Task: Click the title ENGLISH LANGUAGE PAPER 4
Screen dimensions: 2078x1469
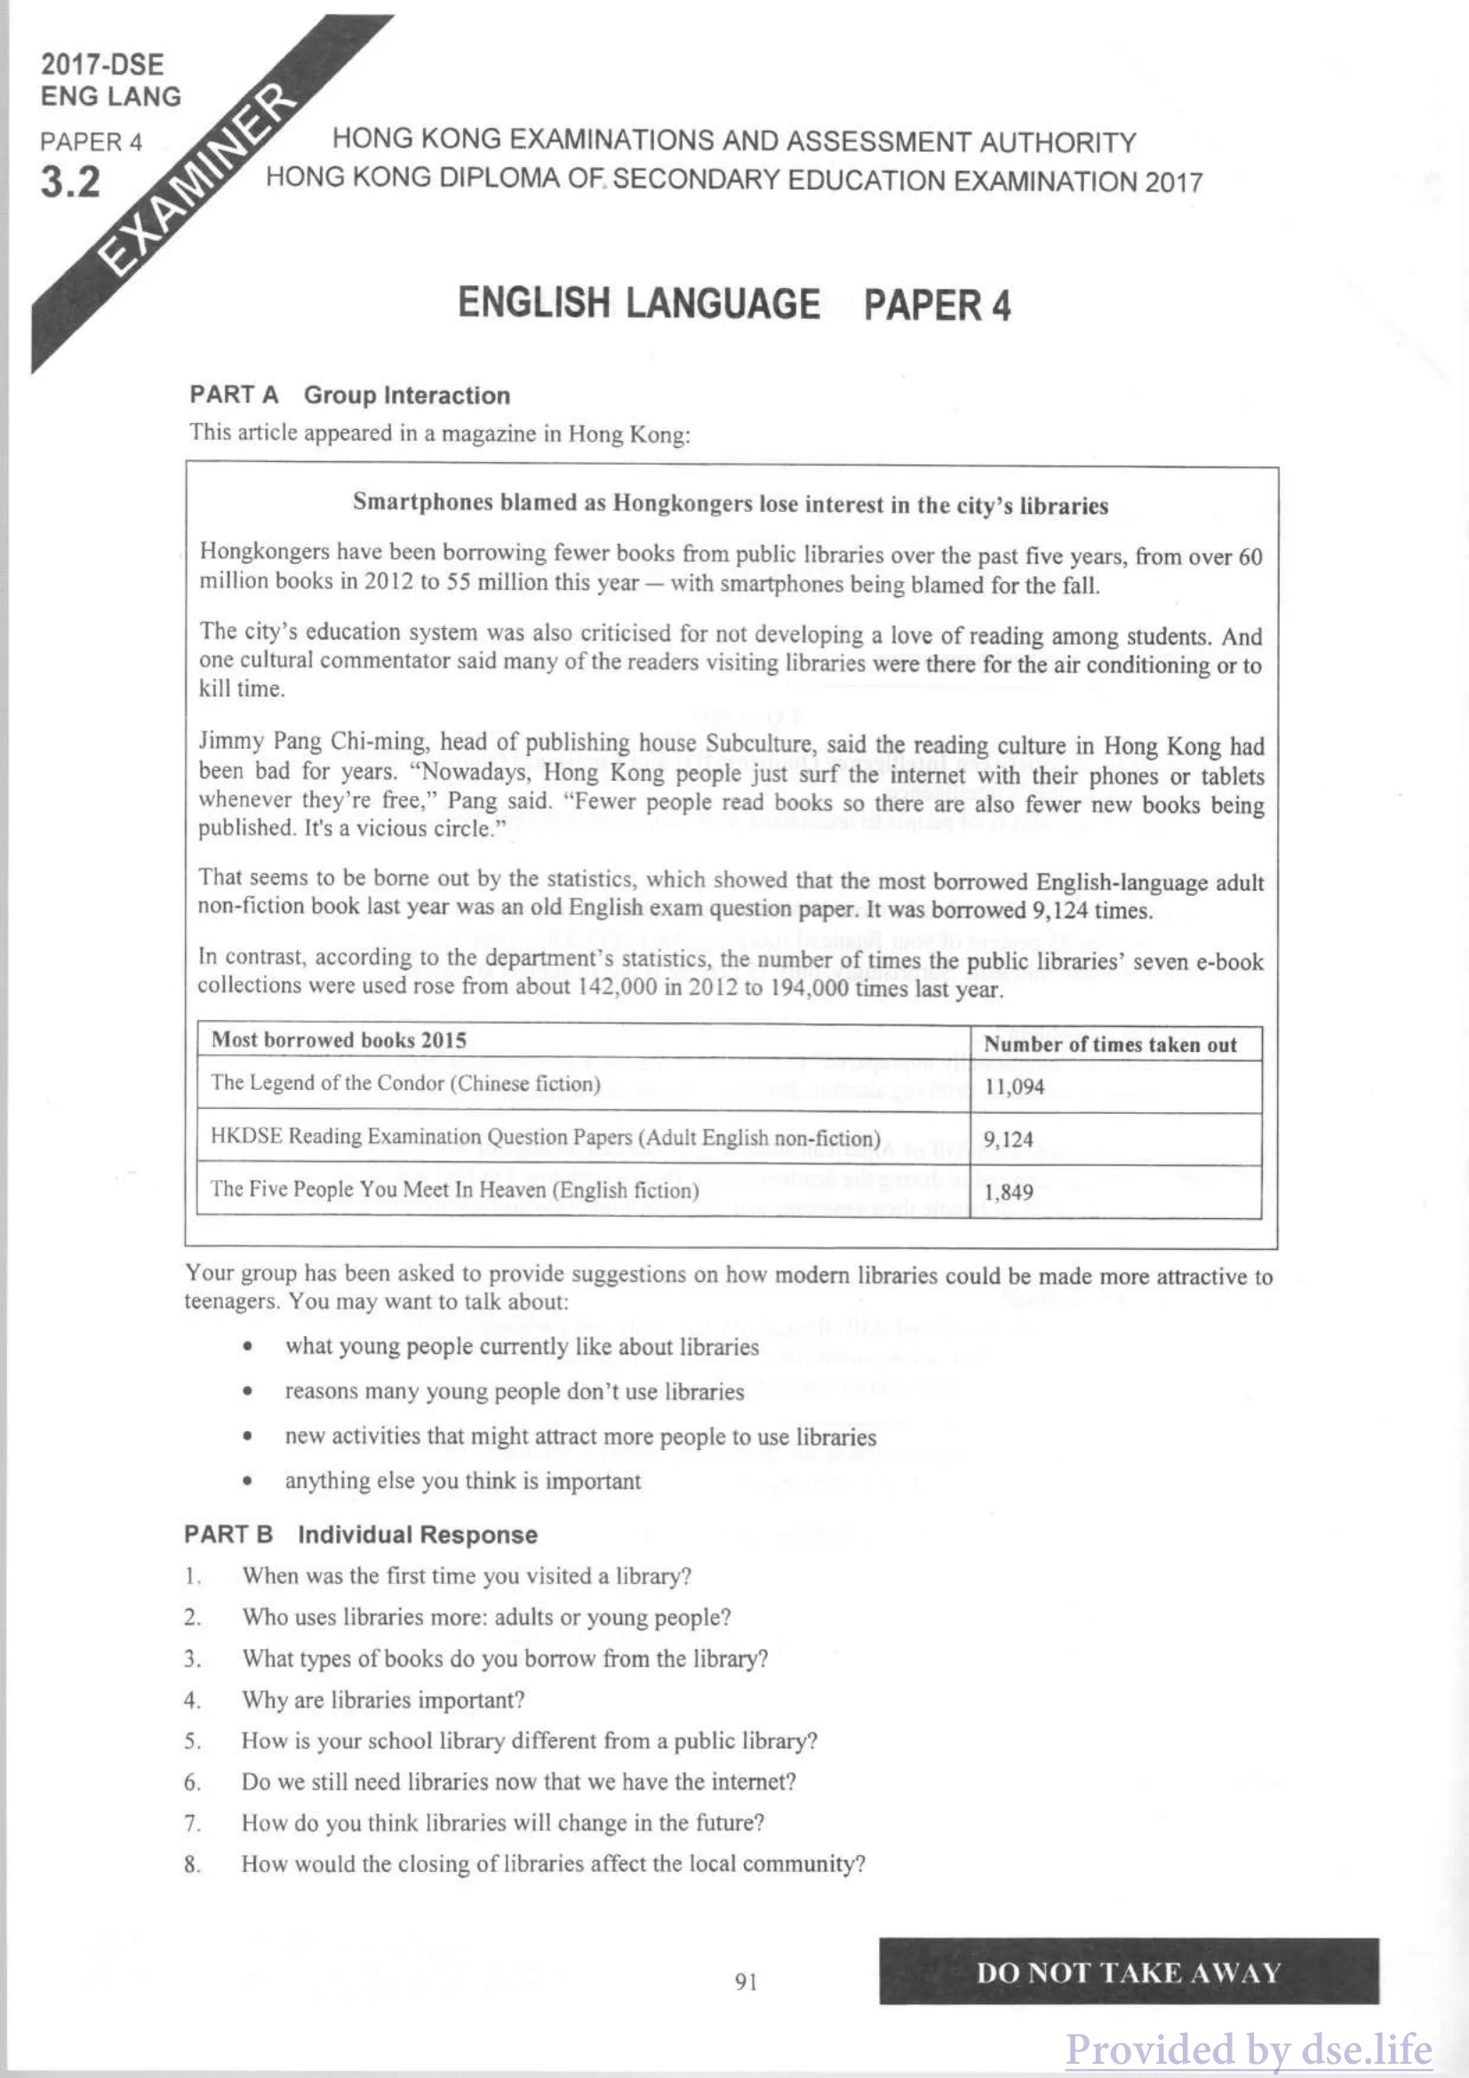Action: coord(733,304)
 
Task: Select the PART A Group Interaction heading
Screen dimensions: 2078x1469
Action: coord(349,395)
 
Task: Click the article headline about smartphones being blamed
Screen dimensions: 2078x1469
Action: coord(730,504)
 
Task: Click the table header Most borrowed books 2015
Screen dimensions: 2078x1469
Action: coord(339,1040)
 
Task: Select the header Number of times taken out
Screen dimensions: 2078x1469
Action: coord(1110,1045)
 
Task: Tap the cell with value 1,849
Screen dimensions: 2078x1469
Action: coord(1009,1192)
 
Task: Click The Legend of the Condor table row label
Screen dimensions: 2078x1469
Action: coord(405,1083)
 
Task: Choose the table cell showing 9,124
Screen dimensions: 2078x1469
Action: coord(1009,1140)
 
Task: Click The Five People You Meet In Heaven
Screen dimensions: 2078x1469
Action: coord(454,1190)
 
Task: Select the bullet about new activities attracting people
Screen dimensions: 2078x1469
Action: coord(580,1437)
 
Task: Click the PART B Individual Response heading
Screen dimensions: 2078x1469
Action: coord(360,1535)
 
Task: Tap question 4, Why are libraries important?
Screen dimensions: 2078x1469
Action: coord(383,1700)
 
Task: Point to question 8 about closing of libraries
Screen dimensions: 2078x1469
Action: coord(553,1864)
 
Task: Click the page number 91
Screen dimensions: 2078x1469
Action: coord(746,1982)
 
